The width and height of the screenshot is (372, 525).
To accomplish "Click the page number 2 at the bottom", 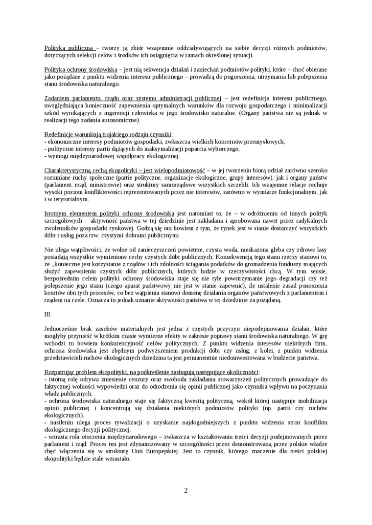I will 186,490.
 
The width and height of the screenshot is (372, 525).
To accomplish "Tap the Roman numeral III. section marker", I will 48,315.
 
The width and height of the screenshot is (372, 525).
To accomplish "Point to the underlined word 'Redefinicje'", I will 59,134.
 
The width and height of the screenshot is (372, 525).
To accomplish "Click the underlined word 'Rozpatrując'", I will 61,372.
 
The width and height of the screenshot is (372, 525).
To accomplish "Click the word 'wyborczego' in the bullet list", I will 223,148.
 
